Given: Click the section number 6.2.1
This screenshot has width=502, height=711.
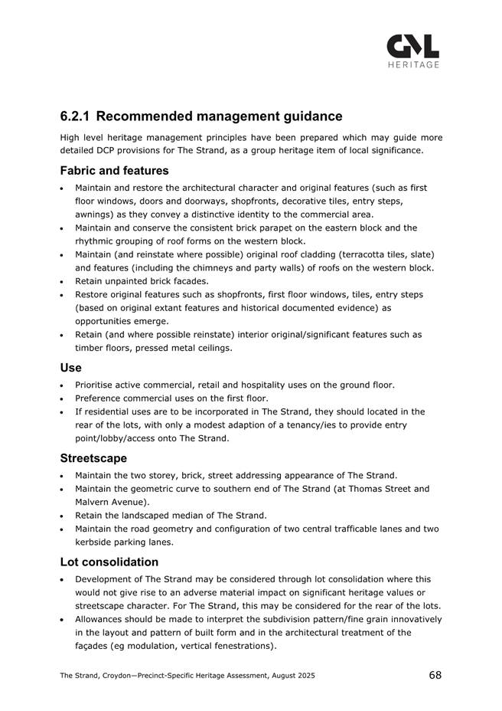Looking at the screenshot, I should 75,116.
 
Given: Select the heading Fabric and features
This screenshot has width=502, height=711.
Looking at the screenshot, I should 114,170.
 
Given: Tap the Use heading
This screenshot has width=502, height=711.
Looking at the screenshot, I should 70,368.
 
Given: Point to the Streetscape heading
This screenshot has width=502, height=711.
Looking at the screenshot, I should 93,459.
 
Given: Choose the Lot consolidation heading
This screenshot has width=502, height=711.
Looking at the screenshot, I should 109,562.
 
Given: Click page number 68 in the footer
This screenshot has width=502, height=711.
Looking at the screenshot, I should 435,675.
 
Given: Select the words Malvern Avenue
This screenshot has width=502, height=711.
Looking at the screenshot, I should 110,502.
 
